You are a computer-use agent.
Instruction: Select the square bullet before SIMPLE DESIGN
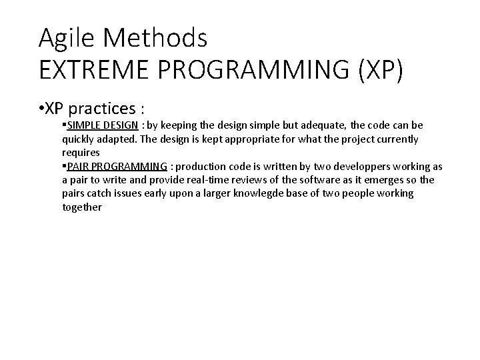(x=63, y=125)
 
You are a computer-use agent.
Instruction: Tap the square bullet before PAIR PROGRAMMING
(x=63, y=166)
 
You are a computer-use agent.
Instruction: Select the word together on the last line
(x=82, y=207)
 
